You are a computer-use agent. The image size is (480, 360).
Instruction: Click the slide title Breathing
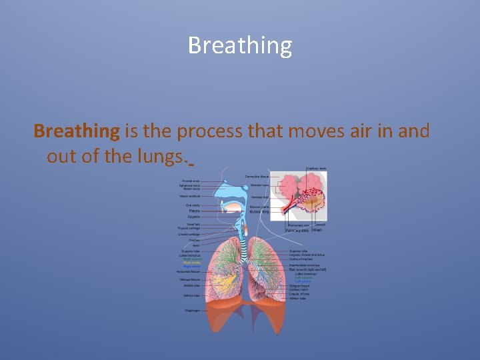point(240,45)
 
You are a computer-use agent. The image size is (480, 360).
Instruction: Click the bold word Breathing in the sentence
point(77,131)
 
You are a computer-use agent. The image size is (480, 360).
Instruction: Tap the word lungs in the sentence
point(163,157)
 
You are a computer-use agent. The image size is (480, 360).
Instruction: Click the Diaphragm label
point(192,310)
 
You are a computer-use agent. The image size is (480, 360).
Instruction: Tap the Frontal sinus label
point(191,181)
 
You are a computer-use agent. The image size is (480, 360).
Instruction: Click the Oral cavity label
point(192,205)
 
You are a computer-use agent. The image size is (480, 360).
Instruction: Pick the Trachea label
point(194,241)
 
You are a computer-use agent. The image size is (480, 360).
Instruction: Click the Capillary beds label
point(316,169)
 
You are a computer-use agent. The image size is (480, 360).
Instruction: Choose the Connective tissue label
point(257,176)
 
